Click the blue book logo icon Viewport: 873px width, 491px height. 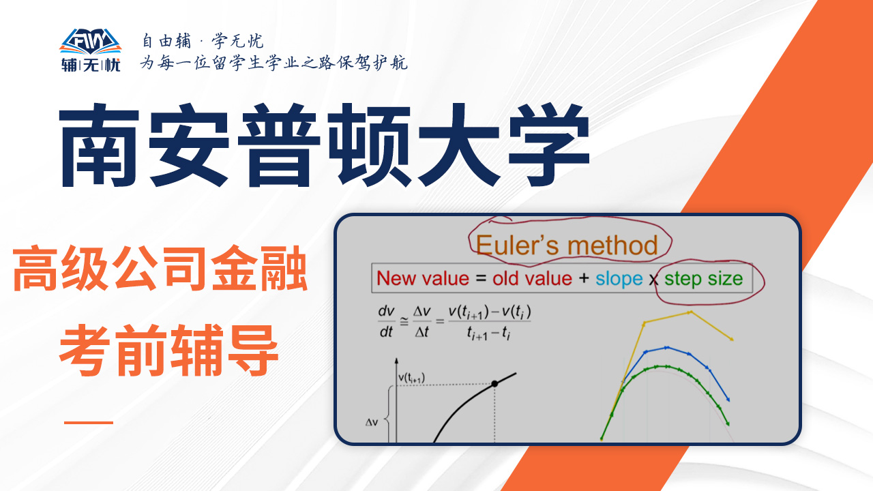click(91, 42)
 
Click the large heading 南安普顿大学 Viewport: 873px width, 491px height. click(324, 145)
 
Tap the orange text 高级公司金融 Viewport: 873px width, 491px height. click(160, 269)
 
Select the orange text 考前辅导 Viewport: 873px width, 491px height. click(168, 350)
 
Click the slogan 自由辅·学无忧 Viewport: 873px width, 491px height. click(203, 41)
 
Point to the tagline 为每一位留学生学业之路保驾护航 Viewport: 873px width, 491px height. click(274, 62)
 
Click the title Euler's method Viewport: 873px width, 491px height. click(567, 245)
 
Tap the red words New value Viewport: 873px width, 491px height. click(423, 279)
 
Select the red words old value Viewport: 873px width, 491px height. click(532, 279)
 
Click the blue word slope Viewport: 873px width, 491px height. click(619, 279)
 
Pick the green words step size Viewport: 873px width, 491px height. click(703, 279)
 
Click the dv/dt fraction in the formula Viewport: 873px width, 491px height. click(386, 321)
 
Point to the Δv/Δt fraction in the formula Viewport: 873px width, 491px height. click(421, 321)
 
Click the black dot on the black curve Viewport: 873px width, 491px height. click(494, 384)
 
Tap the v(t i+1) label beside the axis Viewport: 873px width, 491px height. click(411, 378)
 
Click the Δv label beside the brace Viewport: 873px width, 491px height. click(372, 422)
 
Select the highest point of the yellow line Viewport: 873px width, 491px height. click(690, 312)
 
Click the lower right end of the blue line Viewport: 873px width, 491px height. click(728, 400)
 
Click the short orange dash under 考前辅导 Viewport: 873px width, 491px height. click(89, 422)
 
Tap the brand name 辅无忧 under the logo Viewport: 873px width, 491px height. click(91, 65)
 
